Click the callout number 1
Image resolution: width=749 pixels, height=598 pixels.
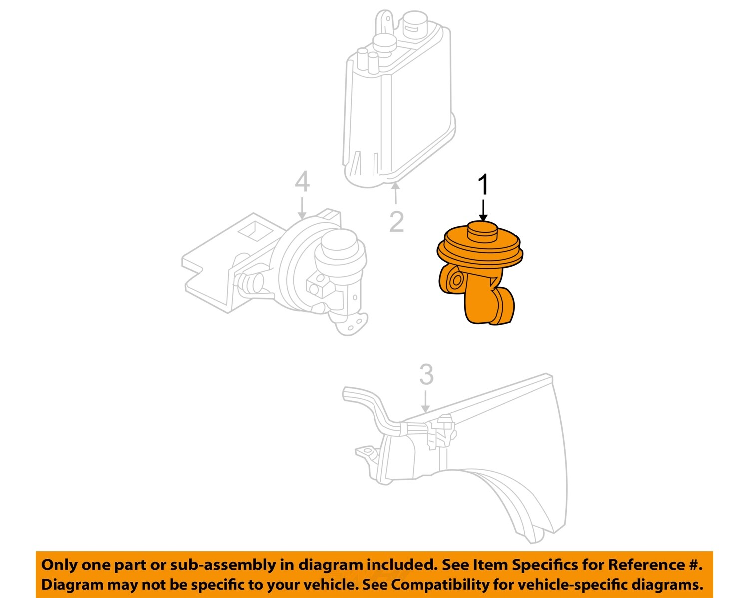tap(483, 185)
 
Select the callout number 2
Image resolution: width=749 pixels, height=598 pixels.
tap(396, 222)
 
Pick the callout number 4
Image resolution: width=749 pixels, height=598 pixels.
tap(302, 182)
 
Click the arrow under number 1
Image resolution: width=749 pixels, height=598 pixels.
tap(483, 210)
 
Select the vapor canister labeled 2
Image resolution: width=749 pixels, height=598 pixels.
tap(397, 110)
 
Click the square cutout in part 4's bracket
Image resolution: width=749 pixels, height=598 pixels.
tap(255, 230)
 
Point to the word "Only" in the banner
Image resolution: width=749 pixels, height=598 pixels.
tap(59, 565)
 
